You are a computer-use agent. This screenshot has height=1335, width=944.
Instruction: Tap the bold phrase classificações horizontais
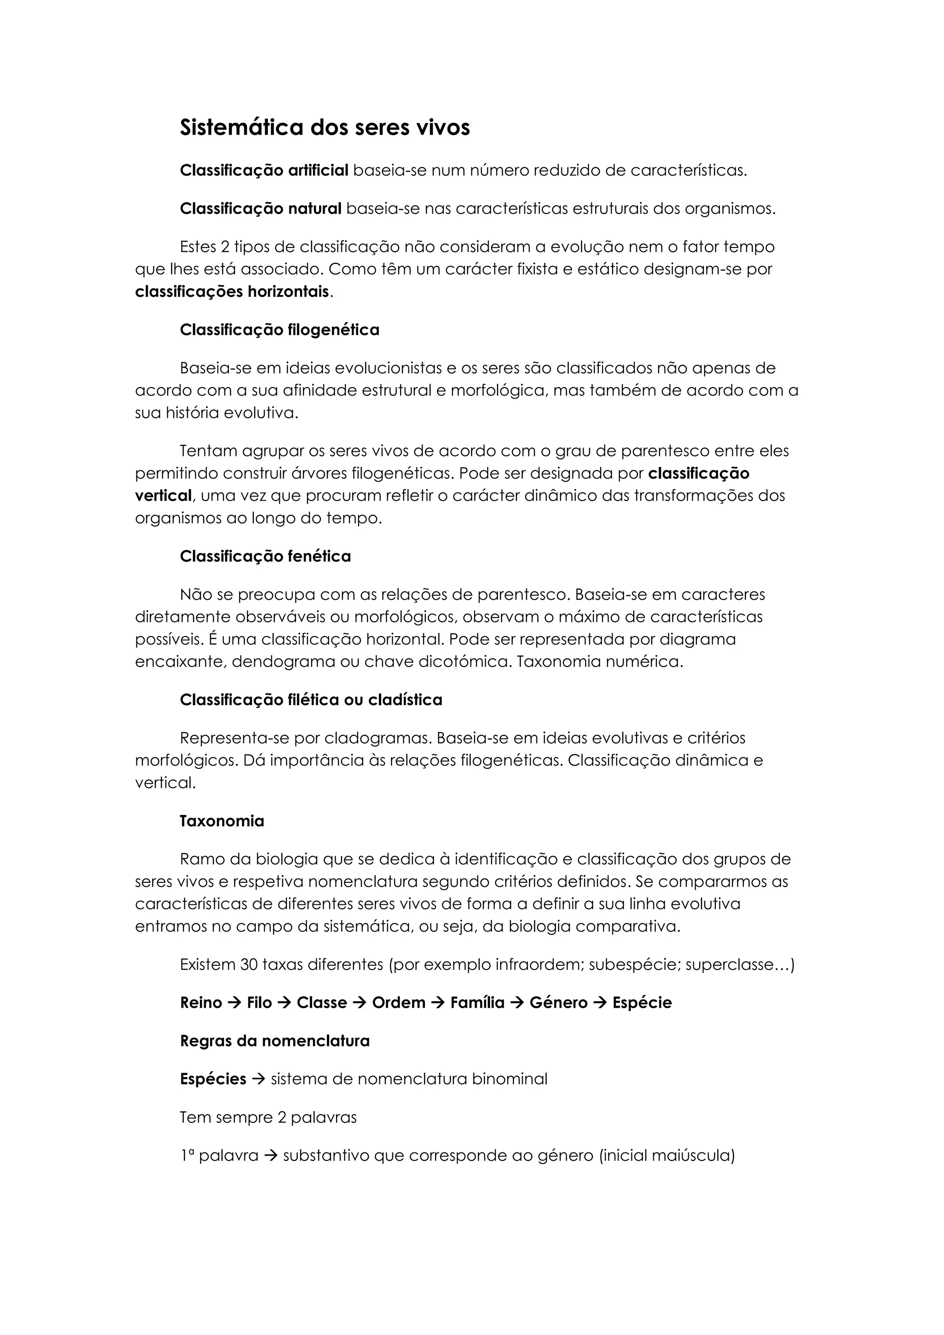pyautogui.click(x=232, y=291)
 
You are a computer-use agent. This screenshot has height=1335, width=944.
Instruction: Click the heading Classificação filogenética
pyautogui.click(x=280, y=330)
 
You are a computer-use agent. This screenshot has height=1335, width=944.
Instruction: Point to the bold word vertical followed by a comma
pyautogui.click(x=163, y=496)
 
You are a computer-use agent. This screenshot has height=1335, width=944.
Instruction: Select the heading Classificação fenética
pyautogui.click(x=265, y=556)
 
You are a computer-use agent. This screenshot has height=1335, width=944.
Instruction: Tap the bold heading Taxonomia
pyautogui.click(x=222, y=821)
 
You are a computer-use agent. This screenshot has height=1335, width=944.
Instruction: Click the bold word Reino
pyautogui.click(x=201, y=1003)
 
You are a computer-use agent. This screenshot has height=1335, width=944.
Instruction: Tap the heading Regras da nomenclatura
pyautogui.click(x=275, y=1040)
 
